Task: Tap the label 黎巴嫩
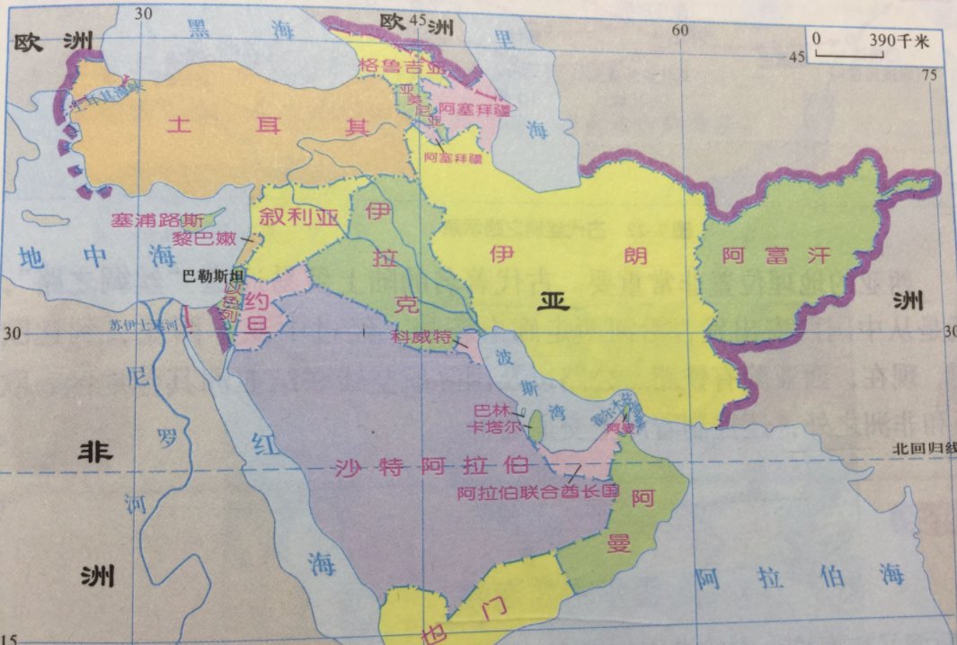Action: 204,239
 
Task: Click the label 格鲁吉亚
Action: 389,65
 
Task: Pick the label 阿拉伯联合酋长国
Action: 537,492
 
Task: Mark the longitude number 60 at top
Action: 680,30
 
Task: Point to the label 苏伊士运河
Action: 142,326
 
